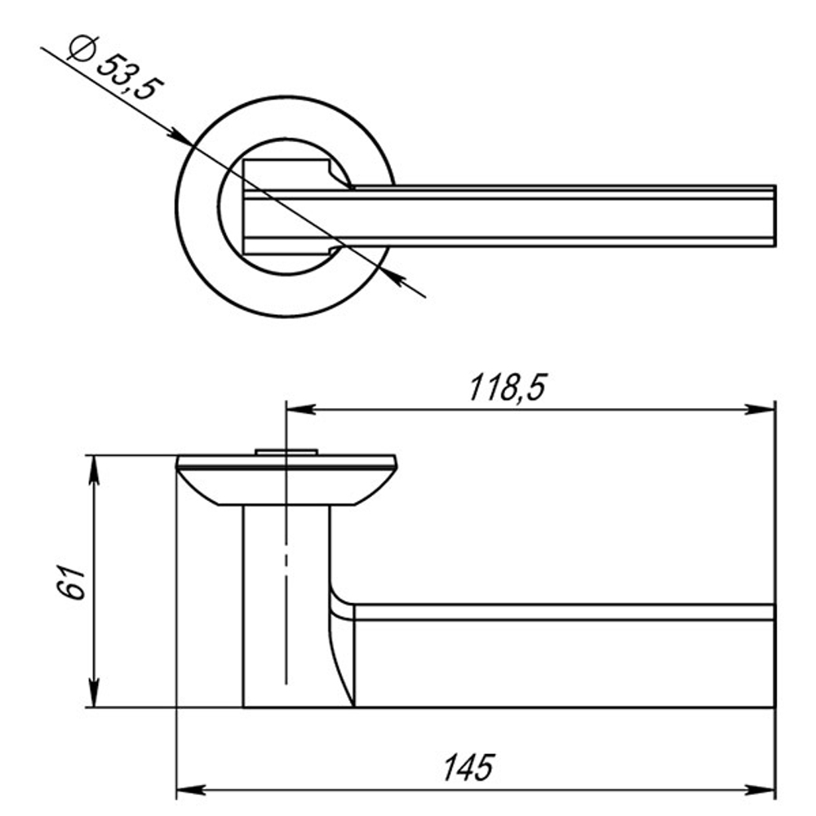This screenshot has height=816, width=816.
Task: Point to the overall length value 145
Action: point(469,768)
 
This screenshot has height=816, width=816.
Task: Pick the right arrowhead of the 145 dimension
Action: point(763,790)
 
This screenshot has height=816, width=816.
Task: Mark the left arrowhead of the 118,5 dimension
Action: point(297,409)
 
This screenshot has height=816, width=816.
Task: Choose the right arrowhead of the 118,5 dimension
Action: point(763,409)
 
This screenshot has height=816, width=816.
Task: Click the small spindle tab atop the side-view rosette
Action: point(286,451)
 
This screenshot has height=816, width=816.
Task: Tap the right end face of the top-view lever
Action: point(773,216)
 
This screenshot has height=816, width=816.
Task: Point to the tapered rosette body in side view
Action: point(286,486)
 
